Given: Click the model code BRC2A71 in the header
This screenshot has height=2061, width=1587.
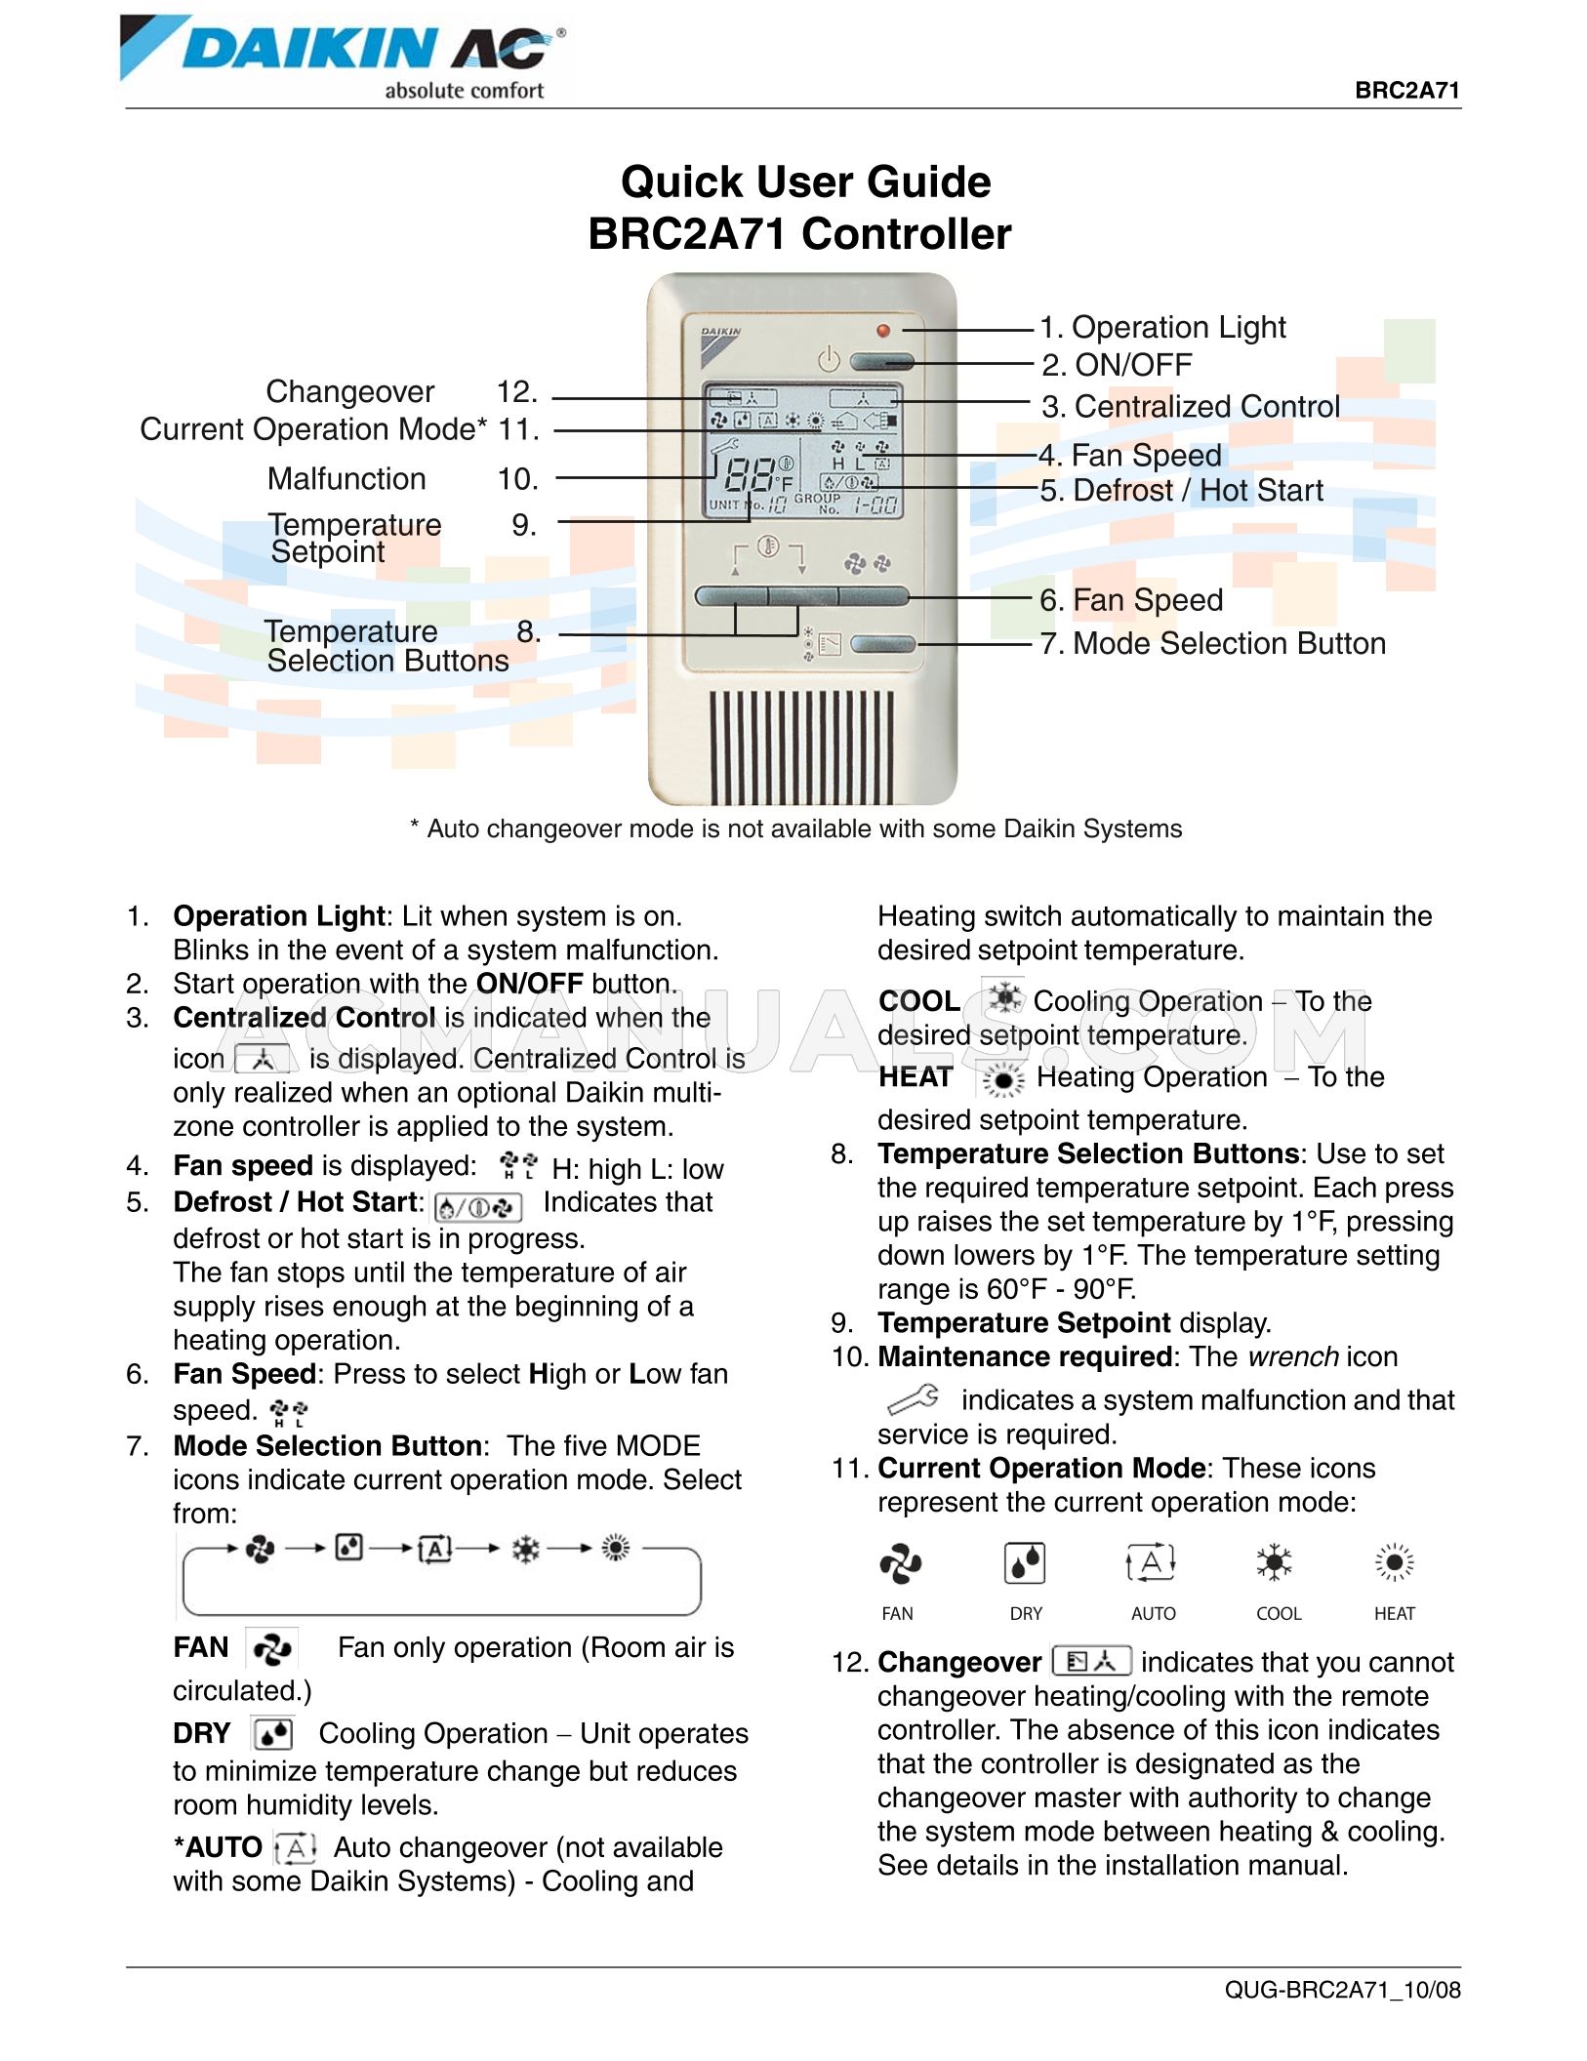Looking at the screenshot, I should click(x=1406, y=91).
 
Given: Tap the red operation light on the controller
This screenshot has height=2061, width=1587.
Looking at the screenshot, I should click(x=883, y=331).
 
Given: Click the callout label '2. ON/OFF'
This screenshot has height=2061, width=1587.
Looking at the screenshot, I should click(x=1116, y=365).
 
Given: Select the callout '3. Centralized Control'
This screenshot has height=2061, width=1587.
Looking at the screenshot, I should click(x=1190, y=407).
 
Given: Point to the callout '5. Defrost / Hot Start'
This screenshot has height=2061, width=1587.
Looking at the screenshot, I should click(x=1181, y=490).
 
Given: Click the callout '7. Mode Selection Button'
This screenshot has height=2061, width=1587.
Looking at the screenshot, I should click(x=1212, y=644).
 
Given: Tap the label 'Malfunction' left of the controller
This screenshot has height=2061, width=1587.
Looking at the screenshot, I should click(x=346, y=479).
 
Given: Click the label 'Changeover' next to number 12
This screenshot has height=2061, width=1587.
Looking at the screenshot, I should click(x=349, y=392).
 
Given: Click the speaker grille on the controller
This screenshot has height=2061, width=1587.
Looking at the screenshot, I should click(x=801, y=746).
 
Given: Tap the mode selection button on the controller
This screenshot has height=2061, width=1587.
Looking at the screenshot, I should click(x=882, y=644).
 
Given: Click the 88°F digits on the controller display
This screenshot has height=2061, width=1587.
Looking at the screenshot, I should click(x=751, y=475).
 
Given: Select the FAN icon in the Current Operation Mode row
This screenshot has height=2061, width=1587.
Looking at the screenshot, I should click(x=900, y=1563).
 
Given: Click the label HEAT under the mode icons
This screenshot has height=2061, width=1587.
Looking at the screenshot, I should click(x=1394, y=1614).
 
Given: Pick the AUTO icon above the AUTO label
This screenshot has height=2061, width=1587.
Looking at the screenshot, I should click(x=1152, y=1563).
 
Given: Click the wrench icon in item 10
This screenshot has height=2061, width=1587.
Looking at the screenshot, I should click(x=914, y=1399).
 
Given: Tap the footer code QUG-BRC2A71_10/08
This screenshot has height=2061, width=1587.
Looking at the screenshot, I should click(x=1342, y=1990).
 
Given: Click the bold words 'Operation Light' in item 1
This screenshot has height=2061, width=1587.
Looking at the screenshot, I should click(x=279, y=916).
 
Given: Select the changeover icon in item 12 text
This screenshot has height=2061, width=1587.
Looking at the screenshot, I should click(x=1091, y=1661).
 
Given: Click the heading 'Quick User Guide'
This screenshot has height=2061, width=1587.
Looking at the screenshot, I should click(x=805, y=182).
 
